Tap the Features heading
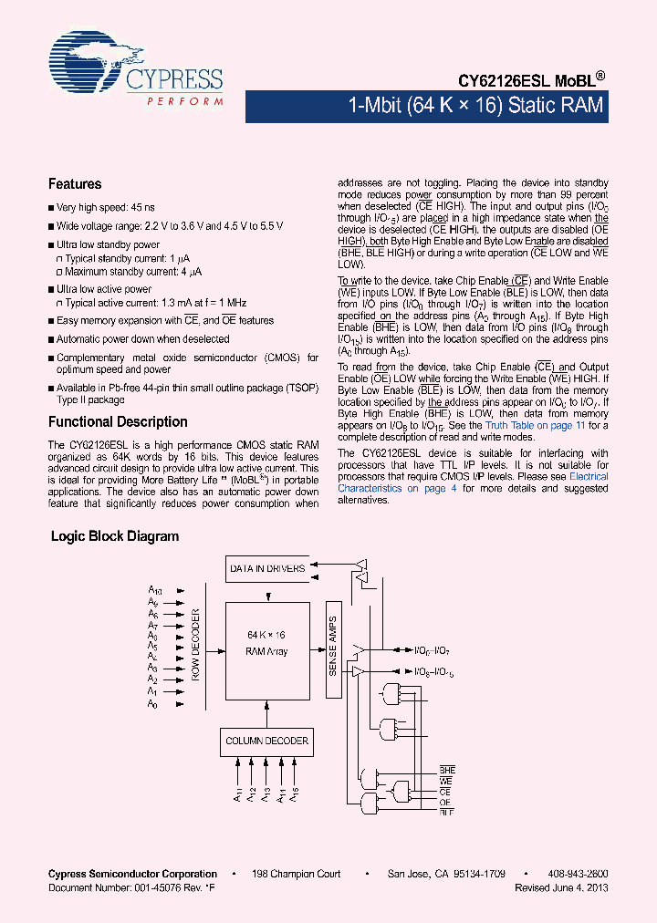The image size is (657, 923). [75, 184]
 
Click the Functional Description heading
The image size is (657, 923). [118, 422]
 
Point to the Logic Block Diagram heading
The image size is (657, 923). [115, 536]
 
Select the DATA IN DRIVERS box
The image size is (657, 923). [267, 569]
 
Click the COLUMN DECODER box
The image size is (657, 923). [267, 741]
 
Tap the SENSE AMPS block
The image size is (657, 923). [332, 644]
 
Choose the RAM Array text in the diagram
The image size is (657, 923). [267, 651]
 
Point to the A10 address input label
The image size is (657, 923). [155, 590]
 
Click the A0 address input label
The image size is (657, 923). [153, 705]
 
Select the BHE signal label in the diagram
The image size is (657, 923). [446, 771]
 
